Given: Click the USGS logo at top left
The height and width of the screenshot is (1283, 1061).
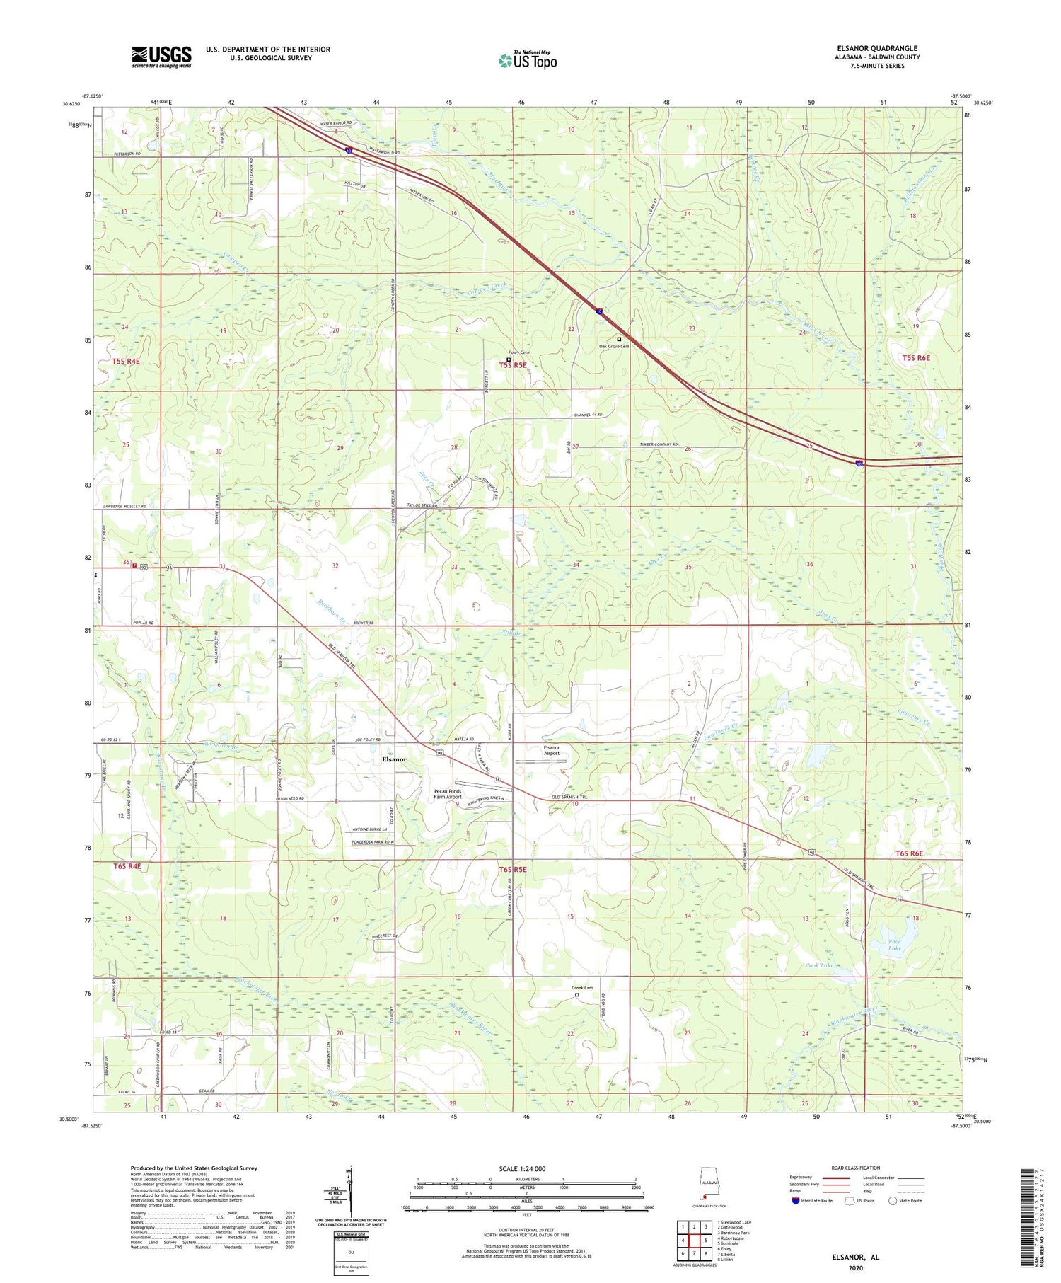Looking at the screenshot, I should (161, 57).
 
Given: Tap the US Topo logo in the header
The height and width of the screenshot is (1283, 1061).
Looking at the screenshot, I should (527, 61).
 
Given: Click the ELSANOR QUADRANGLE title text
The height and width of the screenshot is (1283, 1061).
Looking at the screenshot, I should (877, 48).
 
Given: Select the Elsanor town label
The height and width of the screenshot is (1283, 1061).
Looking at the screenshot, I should (394, 759).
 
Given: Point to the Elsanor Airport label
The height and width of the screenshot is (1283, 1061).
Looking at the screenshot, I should (551, 750).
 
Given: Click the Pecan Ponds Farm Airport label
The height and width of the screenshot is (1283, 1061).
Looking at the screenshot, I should (447, 794).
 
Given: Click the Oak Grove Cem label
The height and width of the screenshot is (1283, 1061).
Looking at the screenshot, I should (613, 346).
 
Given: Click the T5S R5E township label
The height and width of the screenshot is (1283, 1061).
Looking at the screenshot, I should (513, 364).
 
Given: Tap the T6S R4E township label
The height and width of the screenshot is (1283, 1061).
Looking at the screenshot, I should (127, 866).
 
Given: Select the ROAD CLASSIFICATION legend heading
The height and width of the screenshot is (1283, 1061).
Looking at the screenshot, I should (856, 1168).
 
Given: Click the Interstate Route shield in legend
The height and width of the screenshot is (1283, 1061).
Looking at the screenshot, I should (796, 1200).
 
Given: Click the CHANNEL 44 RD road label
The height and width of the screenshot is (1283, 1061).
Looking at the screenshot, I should (593, 414).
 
